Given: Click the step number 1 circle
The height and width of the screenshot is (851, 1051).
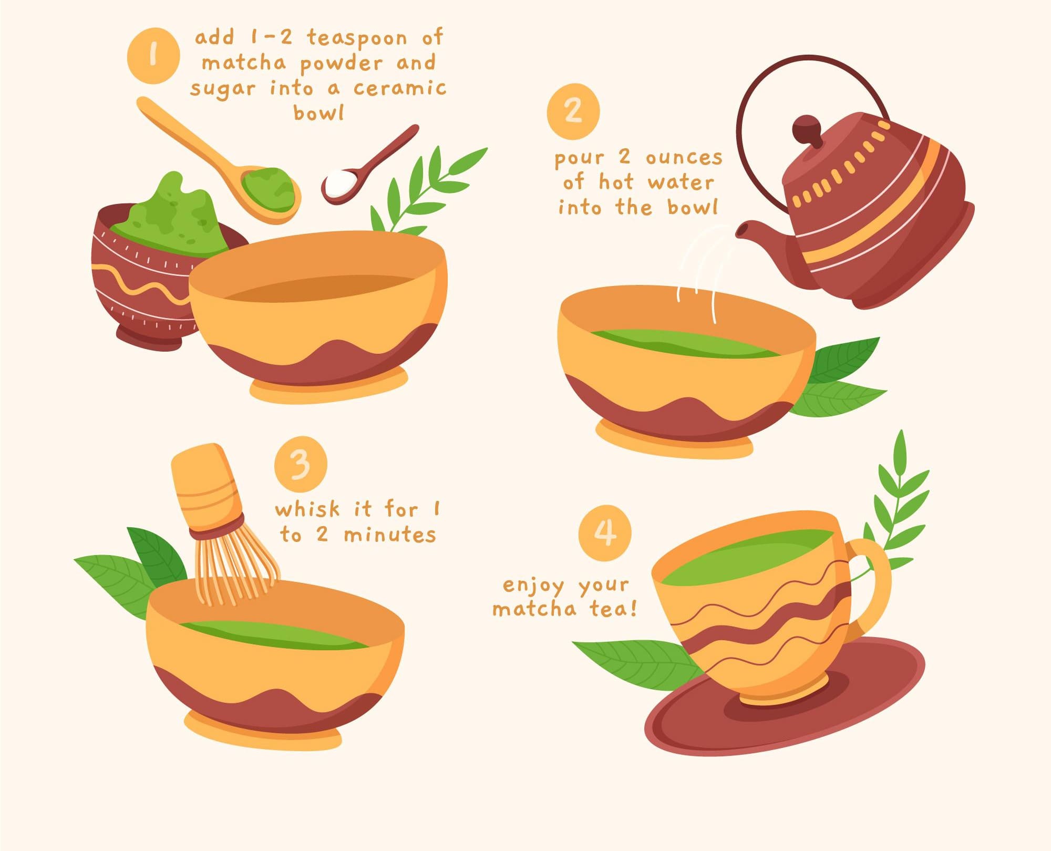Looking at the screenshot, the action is (153, 56).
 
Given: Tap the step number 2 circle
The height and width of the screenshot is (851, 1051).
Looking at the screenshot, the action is (573, 111).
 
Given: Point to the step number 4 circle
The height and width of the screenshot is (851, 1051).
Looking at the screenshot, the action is (605, 532).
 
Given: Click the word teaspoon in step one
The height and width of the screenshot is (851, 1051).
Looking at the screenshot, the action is (357, 38).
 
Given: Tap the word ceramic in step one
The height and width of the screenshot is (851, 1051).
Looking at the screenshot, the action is (400, 88).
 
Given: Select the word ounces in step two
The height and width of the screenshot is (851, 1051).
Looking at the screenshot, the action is (684, 157).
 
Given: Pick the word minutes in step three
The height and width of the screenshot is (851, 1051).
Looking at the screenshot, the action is (390, 535).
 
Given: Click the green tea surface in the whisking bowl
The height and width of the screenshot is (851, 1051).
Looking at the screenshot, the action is (273, 635).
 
